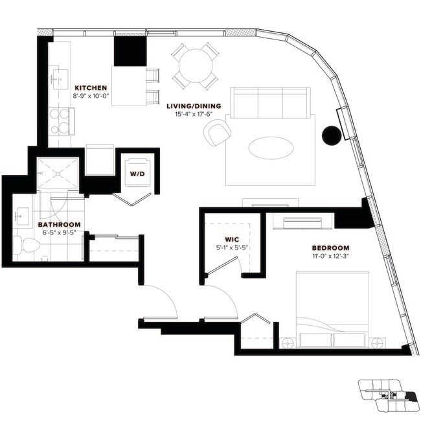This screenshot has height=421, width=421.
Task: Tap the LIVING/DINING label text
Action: [x=194, y=106]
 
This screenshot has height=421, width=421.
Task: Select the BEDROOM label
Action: [x=330, y=248]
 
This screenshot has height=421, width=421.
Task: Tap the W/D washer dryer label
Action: [x=137, y=174]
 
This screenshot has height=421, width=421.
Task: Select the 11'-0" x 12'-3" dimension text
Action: [x=330, y=256]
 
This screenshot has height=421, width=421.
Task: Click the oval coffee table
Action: [x=270, y=146]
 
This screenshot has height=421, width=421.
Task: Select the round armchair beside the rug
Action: [x=218, y=133]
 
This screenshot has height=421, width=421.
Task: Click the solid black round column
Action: [x=331, y=135]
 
